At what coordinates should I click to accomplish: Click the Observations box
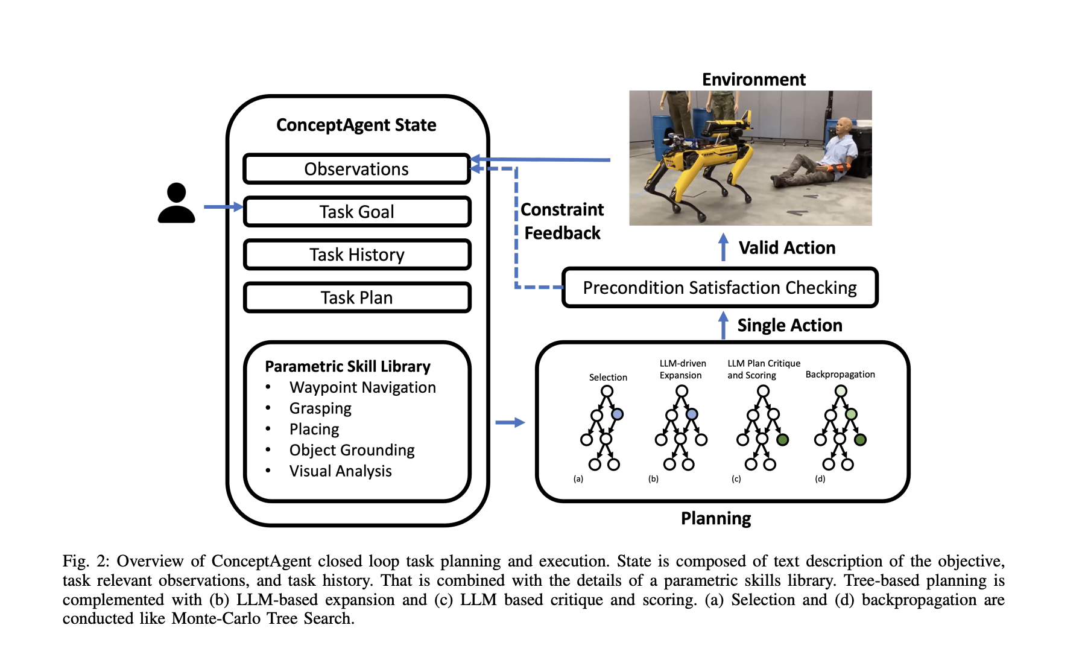pos(356,169)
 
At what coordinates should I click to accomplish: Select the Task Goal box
pos(356,212)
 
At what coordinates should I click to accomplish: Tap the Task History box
pos(356,255)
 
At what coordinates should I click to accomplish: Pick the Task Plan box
pos(356,297)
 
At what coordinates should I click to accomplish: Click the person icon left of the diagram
pos(176,204)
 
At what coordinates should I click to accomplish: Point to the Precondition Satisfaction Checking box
pos(720,288)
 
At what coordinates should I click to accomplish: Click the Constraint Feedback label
pos(562,221)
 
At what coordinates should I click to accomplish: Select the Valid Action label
pos(786,248)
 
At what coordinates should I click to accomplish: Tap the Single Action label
pos(789,325)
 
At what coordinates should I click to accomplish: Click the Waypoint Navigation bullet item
pos(362,387)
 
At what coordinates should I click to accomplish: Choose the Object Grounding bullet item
pos(352,450)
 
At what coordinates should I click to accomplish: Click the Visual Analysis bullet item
pos(340,471)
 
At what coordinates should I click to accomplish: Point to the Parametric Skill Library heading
pos(347,366)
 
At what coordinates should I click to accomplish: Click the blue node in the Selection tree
pos(617,414)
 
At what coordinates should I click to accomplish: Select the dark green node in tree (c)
pos(782,440)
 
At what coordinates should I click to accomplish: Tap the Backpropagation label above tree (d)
pos(840,375)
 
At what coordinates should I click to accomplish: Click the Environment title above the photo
pos(753,80)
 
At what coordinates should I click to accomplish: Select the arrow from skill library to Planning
pos(510,422)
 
